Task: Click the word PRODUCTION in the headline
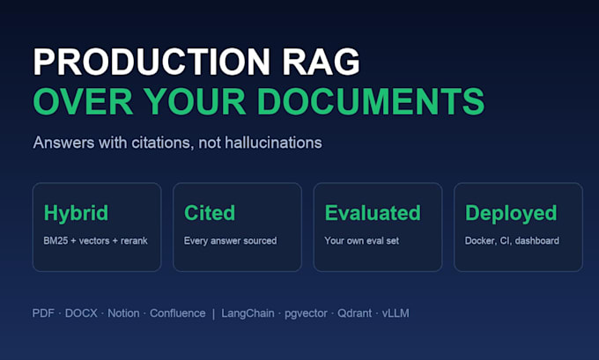tap(152, 62)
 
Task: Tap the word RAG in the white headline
tap(321, 62)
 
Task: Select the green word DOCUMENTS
tap(371, 101)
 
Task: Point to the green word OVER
tap(83, 101)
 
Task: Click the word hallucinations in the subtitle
tap(273, 143)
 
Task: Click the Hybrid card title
tap(76, 213)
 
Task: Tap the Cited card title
tap(210, 213)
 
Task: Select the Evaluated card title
tap(373, 213)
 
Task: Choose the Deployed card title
tap(511, 213)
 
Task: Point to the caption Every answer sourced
tap(231, 241)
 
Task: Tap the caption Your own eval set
tap(362, 241)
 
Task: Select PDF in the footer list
tap(43, 313)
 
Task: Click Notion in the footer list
tap(123, 313)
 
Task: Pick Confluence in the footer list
tap(178, 313)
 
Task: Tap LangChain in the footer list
tap(248, 313)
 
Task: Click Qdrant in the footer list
tap(354, 313)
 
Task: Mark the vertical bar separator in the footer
tap(213, 314)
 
